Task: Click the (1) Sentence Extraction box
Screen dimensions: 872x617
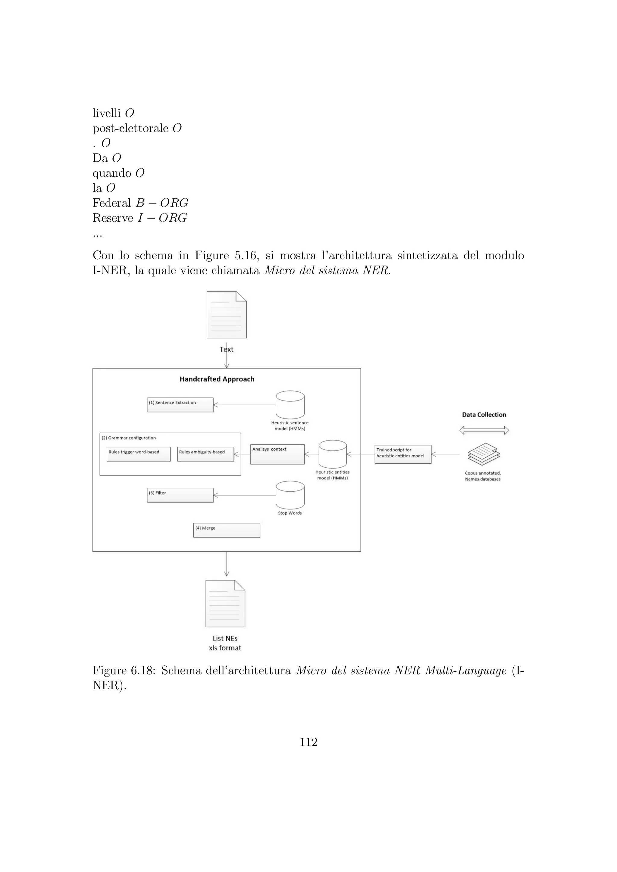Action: pyautogui.click(x=180, y=405)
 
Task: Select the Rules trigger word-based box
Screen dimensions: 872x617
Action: pyautogui.click(x=138, y=454)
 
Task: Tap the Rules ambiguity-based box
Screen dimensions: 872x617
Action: pyautogui.click(x=205, y=454)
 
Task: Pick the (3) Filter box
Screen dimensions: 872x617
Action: pyautogui.click(x=180, y=495)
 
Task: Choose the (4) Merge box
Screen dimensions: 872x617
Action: pyautogui.click(x=227, y=530)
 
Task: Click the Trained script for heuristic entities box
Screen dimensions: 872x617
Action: pyautogui.click(x=403, y=454)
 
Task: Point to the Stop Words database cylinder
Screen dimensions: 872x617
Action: pyautogui.click(x=290, y=495)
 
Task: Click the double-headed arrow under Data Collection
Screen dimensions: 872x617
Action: pyautogui.click(x=484, y=430)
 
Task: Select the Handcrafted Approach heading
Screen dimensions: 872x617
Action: pyautogui.click(x=217, y=379)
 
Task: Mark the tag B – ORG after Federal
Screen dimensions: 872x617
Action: pyautogui.click(x=162, y=203)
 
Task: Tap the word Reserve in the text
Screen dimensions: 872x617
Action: pyautogui.click(x=112, y=218)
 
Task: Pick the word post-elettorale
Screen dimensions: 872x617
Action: pyautogui.click(x=130, y=128)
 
